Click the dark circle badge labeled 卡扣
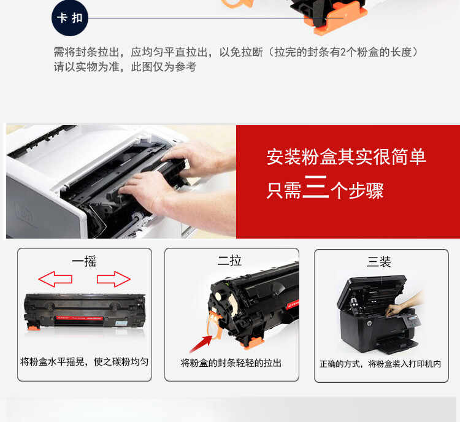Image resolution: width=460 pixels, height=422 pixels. (x=69, y=18)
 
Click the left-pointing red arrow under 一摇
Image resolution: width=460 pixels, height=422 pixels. (x=55, y=279)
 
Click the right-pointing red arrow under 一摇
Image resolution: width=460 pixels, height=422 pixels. (x=114, y=279)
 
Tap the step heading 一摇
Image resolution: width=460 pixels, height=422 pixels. (x=84, y=262)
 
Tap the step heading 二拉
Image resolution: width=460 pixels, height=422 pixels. (x=230, y=262)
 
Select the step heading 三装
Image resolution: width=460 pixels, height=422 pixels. (x=379, y=262)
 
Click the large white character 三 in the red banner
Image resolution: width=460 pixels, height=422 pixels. (x=315, y=188)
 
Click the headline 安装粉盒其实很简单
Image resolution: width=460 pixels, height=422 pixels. (x=346, y=157)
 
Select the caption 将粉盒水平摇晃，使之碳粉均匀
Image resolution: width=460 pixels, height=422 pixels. (x=84, y=361)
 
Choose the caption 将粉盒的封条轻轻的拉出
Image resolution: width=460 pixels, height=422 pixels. (x=231, y=363)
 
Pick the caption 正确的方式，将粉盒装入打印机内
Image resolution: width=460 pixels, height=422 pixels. (x=380, y=364)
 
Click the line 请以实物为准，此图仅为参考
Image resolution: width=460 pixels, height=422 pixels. (x=125, y=67)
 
